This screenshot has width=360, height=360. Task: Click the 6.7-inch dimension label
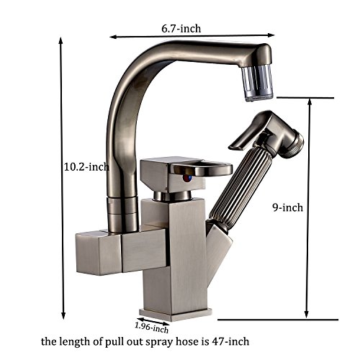181,29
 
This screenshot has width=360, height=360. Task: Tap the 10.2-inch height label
86,166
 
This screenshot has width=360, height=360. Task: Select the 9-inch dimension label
287,207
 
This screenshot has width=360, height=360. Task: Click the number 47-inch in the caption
230,341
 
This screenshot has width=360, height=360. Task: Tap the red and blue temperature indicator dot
186,179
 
